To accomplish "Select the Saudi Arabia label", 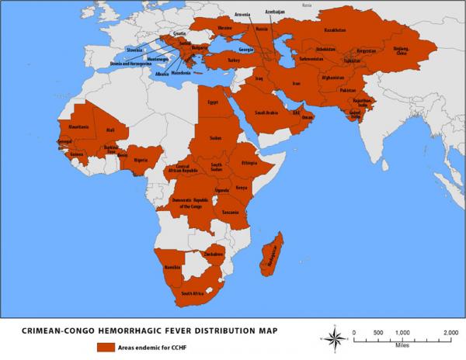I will tap(267, 112).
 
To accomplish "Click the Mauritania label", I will tap(78, 126).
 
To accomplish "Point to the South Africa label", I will tap(193, 294).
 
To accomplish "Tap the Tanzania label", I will tap(230, 212).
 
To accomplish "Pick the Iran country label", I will tap(296, 82).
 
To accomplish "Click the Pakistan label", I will tap(347, 90).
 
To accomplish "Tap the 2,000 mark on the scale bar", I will tap(450, 332).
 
